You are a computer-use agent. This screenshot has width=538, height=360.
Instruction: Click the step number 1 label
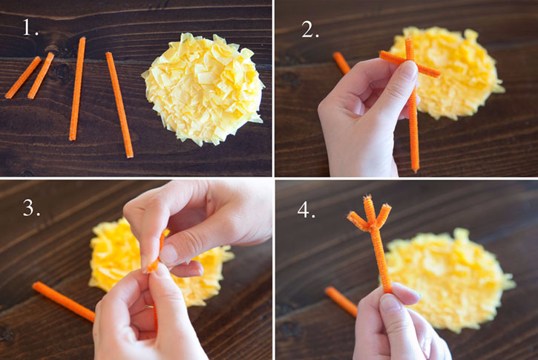pyautogui.click(x=30, y=27)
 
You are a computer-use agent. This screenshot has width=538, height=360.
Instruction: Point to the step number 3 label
pyautogui.click(x=31, y=208)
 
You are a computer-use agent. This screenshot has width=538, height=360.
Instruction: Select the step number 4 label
pyautogui.click(x=306, y=209)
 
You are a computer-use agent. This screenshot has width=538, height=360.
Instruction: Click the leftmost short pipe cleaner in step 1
pyautogui.click(x=23, y=77)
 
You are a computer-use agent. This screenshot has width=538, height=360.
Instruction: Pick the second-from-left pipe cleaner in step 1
pyautogui.click(x=41, y=76)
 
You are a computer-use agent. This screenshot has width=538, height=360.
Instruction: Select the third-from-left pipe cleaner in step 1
pyautogui.click(x=77, y=89)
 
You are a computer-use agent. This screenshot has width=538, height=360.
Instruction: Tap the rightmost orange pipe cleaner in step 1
pyautogui.click(x=119, y=105)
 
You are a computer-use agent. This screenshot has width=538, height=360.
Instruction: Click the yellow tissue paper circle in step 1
pyautogui.click(x=203, y=88)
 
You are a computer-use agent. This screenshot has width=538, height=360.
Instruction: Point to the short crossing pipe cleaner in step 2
pyautogui.click(x=410, y=64)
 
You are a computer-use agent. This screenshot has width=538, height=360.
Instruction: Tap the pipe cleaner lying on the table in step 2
pyautogui.click(x=341, y=63)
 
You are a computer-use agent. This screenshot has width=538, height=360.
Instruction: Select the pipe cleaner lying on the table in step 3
pyautogui.click(x=64, y=301)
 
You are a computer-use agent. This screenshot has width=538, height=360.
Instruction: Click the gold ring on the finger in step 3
pyautogui.click(x=149, y=307)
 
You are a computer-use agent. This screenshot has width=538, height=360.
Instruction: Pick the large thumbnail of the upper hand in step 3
pyautogui.click(x=168, y=255)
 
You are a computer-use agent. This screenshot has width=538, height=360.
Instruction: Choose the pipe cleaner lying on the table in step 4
pyautogui.click(x=341, y=301)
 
